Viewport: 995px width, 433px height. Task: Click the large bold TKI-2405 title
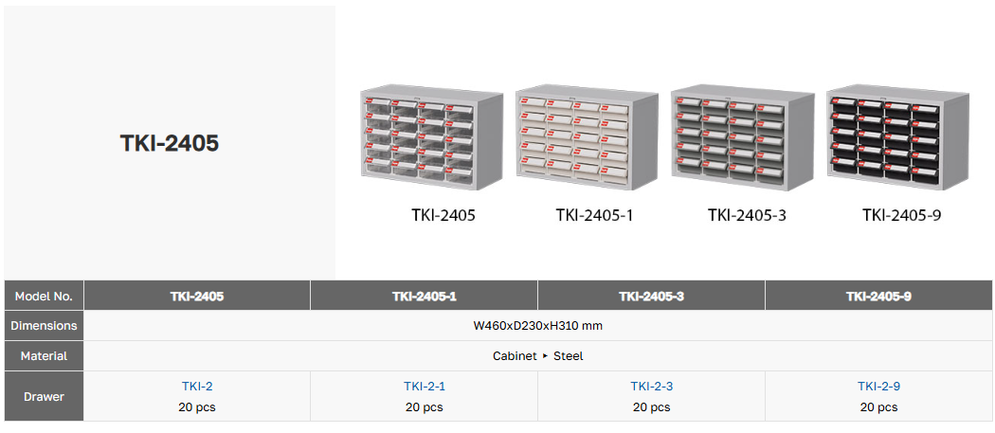coord(170,143)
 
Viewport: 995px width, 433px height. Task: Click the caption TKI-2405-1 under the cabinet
coord(594,215)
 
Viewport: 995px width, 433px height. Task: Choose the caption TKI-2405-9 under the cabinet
coord(901,215)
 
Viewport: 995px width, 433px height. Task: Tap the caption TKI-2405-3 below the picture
coord(747,215)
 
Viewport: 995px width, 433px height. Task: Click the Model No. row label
coord(44,296)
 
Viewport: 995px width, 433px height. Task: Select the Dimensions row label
coord(44,325)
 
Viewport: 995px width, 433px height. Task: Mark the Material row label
coord(44,356)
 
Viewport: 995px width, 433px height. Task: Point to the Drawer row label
coord(44,396)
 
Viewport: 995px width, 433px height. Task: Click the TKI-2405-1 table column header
coord(424,296)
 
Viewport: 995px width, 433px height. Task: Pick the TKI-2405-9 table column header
coord(878,296)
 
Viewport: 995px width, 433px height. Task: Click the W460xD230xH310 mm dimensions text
coord(538,325)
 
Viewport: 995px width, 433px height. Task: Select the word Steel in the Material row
coord(569,356)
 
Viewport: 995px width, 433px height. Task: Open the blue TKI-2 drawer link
coord(197,386)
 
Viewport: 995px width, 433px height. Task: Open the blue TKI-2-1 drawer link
coord(424,386)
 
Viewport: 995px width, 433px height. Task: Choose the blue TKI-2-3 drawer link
coord(651,386)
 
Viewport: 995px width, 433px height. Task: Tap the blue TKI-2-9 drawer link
coord(878,386)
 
